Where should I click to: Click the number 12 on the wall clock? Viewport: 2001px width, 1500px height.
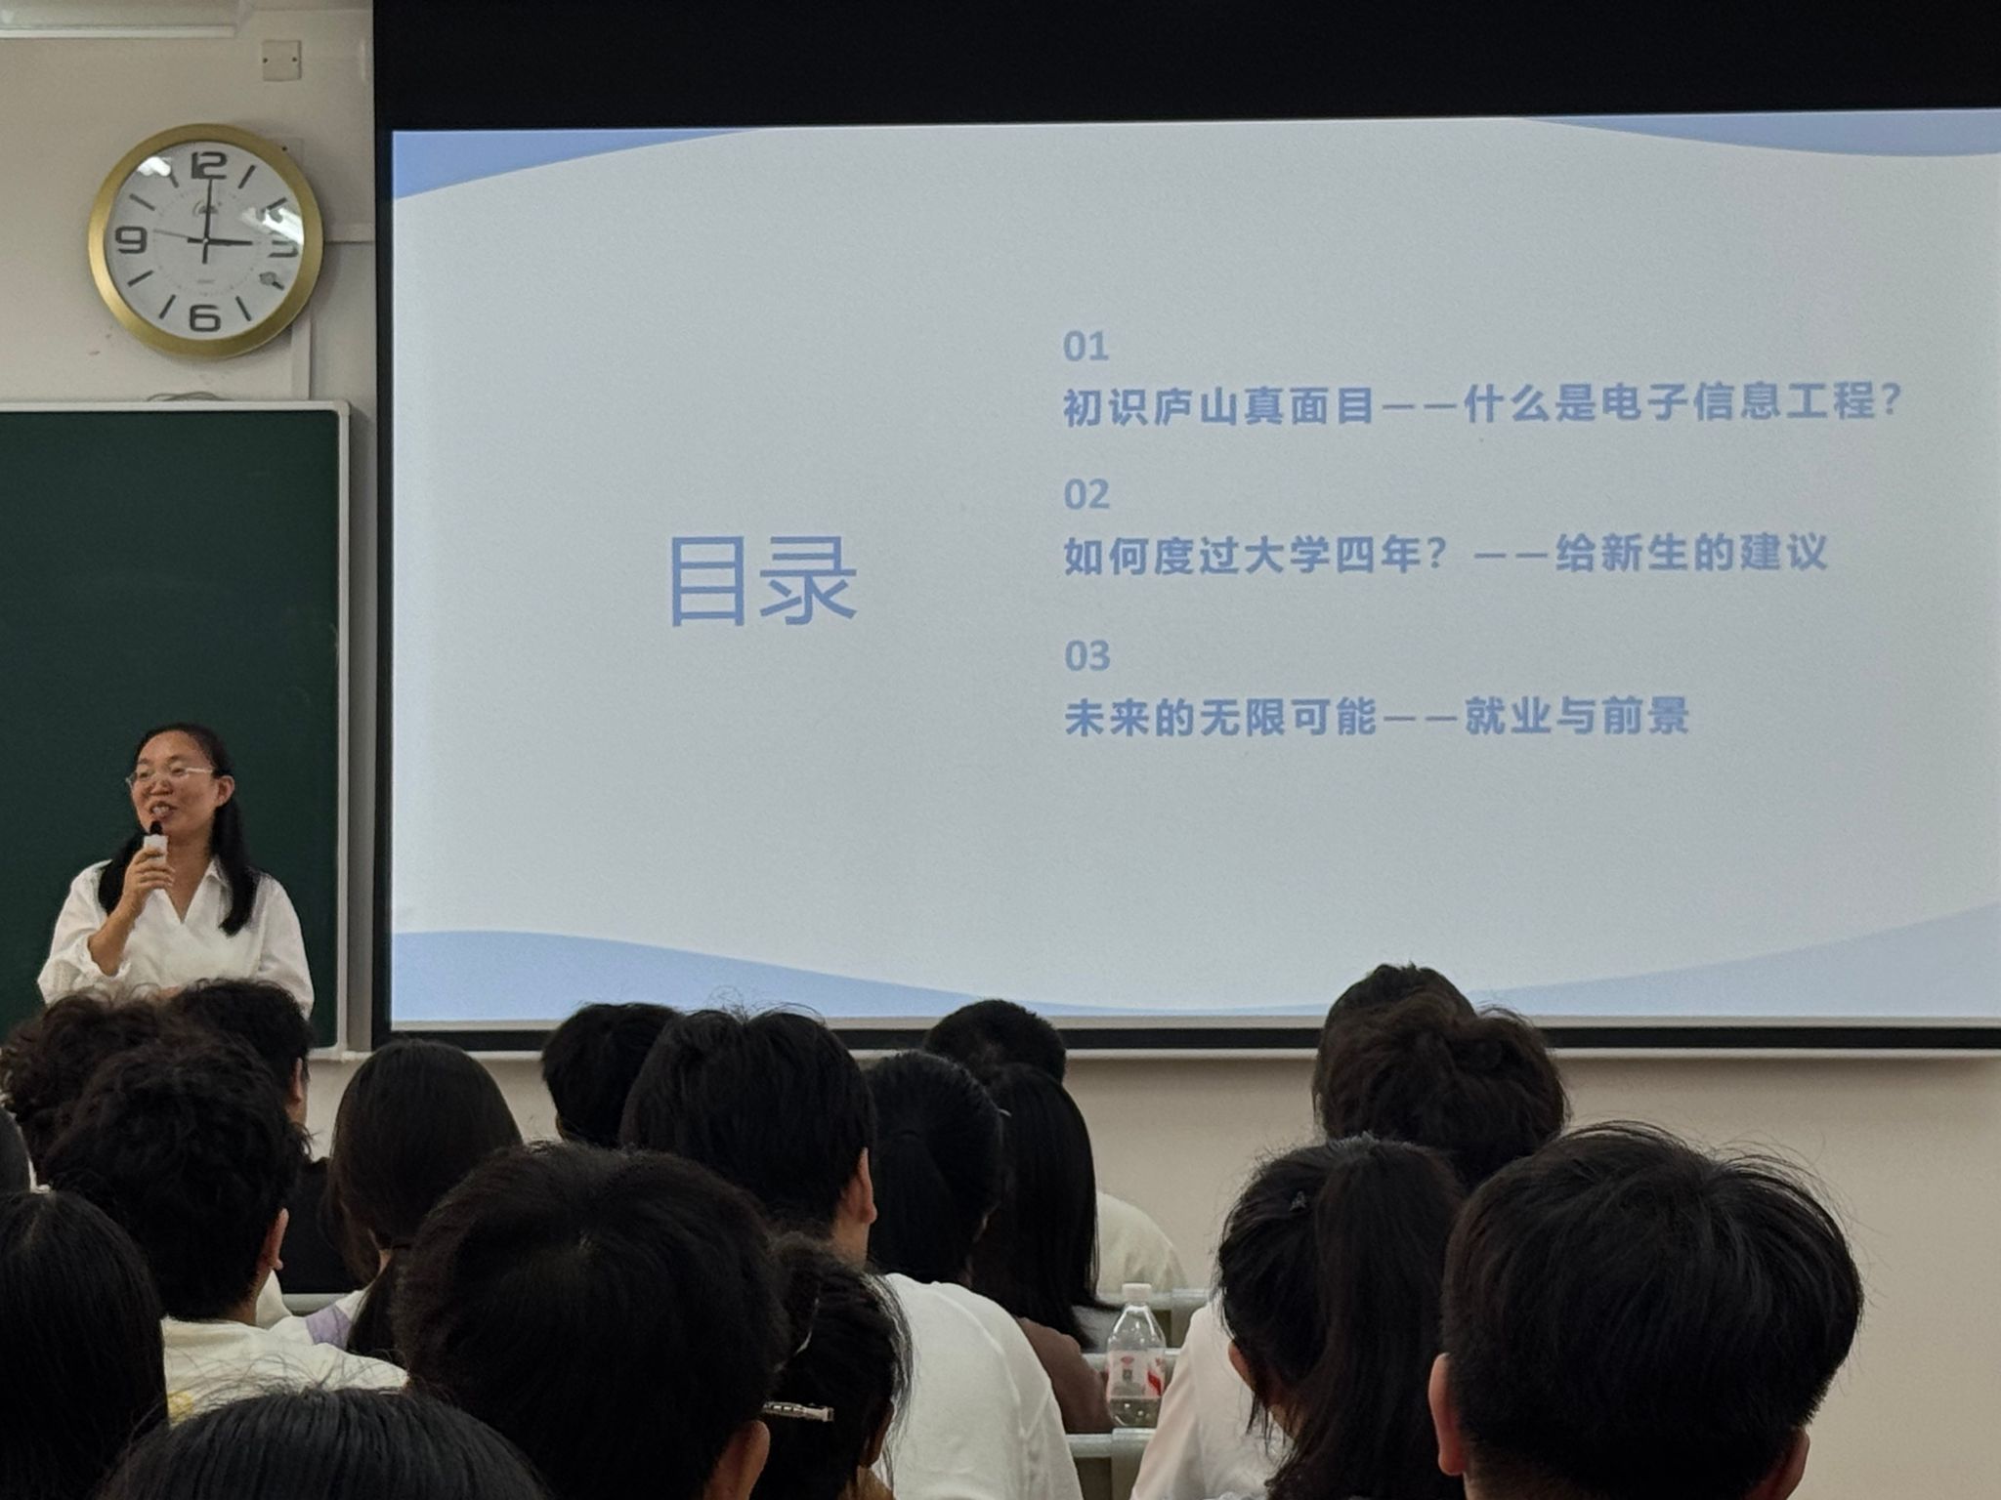207,164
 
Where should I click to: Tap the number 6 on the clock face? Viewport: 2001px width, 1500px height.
203,316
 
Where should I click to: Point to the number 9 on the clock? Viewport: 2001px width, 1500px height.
131,238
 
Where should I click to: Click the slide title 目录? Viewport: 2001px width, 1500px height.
763,581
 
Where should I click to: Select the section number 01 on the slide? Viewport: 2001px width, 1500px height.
1086,347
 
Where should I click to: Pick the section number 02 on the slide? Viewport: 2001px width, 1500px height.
1086,495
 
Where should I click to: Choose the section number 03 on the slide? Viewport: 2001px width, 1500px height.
1086,656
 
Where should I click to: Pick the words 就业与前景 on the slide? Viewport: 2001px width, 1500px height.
1576,717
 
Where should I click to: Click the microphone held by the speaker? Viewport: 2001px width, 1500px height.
153,843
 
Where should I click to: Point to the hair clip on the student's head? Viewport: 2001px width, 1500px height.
797,1410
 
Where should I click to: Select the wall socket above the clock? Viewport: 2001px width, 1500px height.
281,61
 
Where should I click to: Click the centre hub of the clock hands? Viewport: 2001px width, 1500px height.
205,240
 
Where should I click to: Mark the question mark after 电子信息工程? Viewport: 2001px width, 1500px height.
1888,401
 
